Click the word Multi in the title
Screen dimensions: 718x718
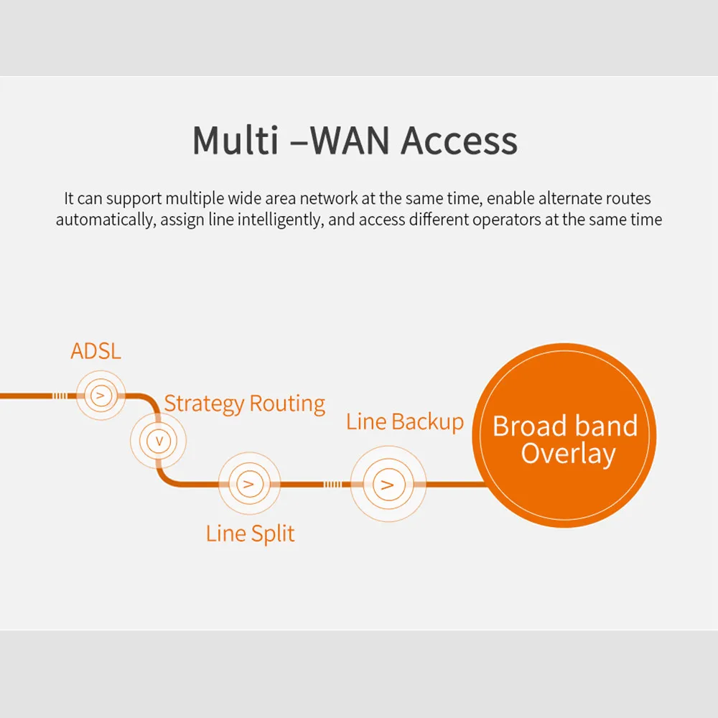click(x=235, y=140)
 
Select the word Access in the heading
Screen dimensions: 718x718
click(x=459, y=140)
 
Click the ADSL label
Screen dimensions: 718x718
click(x=95, y=351)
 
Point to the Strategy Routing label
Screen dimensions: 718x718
click(x=244, y=404)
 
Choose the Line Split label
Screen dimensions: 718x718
click(x=250, y=533)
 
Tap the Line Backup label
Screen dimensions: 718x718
click(x=405, y=421)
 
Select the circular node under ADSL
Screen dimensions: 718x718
click(x=101, y=396)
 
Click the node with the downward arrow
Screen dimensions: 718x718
click(x=158, y=440)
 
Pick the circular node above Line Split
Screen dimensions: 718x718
click(x=248, y=484)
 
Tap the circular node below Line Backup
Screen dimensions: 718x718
click(x=388, y=484)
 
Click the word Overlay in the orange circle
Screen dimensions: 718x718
click(x=568, y=454)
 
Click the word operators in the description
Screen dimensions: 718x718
click(x=506, y=220)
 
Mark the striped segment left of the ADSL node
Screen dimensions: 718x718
click(x=60, y=396)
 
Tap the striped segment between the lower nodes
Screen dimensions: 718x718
click(x=332, y=484)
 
